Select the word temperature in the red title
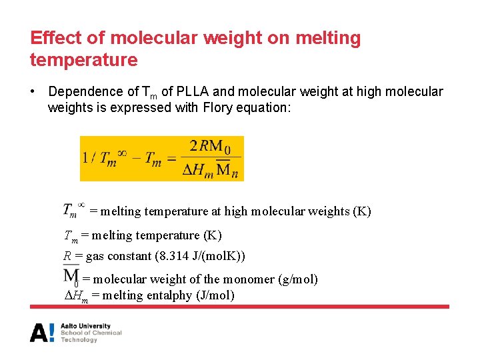click(x=83, y=60)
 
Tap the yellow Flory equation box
click(x=161, y=158)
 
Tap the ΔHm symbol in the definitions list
click(x=75, y=296)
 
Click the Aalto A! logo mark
click(x=41, y=332)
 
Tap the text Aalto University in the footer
click(x=86, y=326)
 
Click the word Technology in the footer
click(x=79, y=340)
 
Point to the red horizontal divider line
click(x=239, y=307)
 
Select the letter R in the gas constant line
click(x=67, y=257)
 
